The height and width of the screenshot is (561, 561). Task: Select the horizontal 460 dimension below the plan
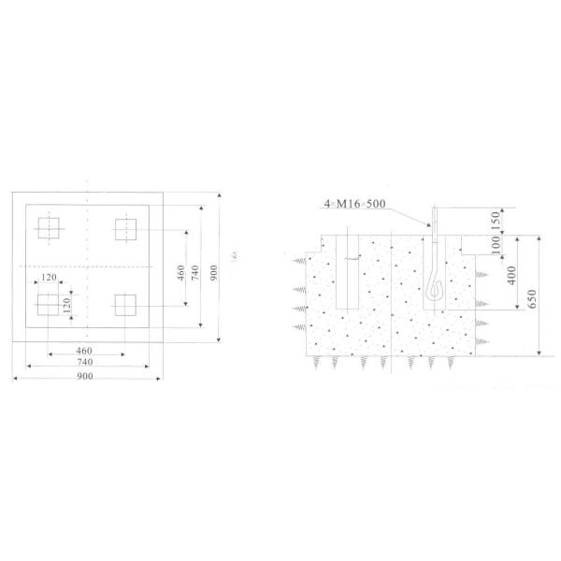[87, 350]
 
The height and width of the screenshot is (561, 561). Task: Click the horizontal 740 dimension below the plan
[87, 362]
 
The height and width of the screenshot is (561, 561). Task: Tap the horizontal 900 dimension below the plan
[87, 375]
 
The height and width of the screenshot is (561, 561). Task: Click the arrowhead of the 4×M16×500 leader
[433, 225]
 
